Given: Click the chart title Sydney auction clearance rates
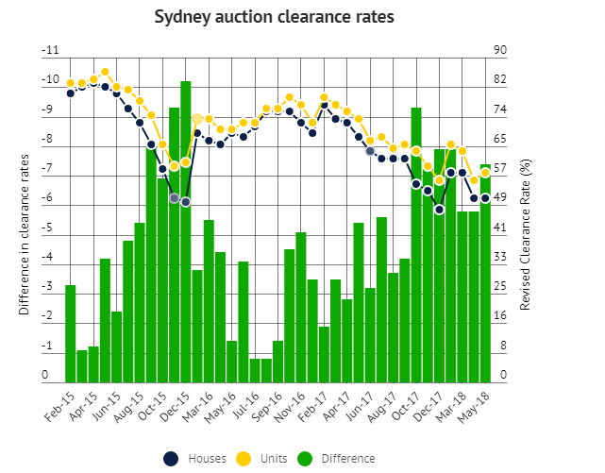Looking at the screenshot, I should point(274,18).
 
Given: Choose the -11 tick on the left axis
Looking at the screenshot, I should point(50,51).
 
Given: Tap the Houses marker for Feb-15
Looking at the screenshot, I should point(71,93).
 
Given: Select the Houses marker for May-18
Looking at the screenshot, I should point(485,198).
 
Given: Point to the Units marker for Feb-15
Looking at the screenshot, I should point(71,83).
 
